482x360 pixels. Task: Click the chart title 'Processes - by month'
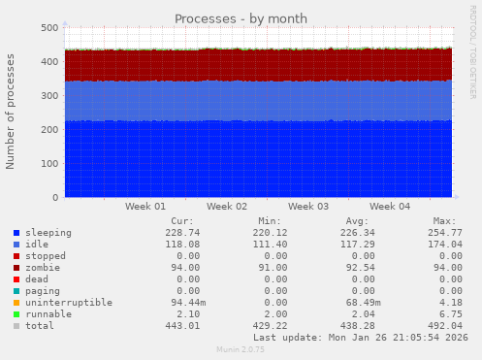coord(241,18)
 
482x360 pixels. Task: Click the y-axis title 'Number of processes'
coord(11,112)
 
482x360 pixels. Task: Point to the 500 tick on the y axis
coord(48,28)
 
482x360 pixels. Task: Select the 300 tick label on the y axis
coord(48,96)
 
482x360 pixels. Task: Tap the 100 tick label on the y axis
coord(48,164)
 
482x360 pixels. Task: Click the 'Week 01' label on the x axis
coord(145,207)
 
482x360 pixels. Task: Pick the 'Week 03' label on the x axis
coord(308,207)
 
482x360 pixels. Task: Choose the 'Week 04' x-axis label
coord(390,207)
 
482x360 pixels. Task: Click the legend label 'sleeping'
coord(48,233)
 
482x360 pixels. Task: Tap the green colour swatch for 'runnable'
coord(16,314)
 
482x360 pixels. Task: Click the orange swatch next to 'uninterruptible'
coord(16,303)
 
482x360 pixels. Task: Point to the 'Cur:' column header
coord(180,221)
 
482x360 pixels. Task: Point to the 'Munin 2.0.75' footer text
coord(241,350)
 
